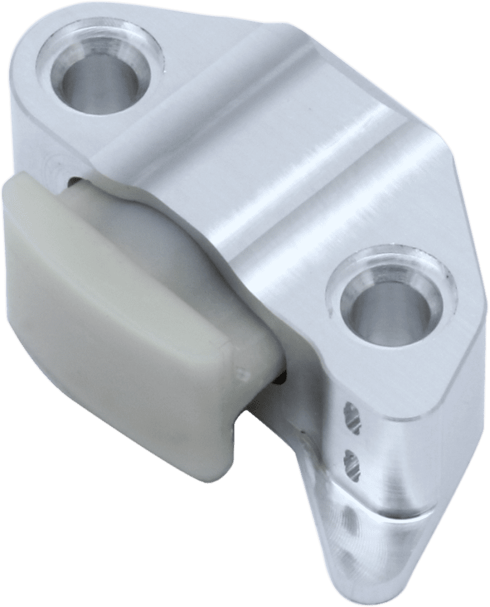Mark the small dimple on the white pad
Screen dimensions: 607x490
point(242,372)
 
